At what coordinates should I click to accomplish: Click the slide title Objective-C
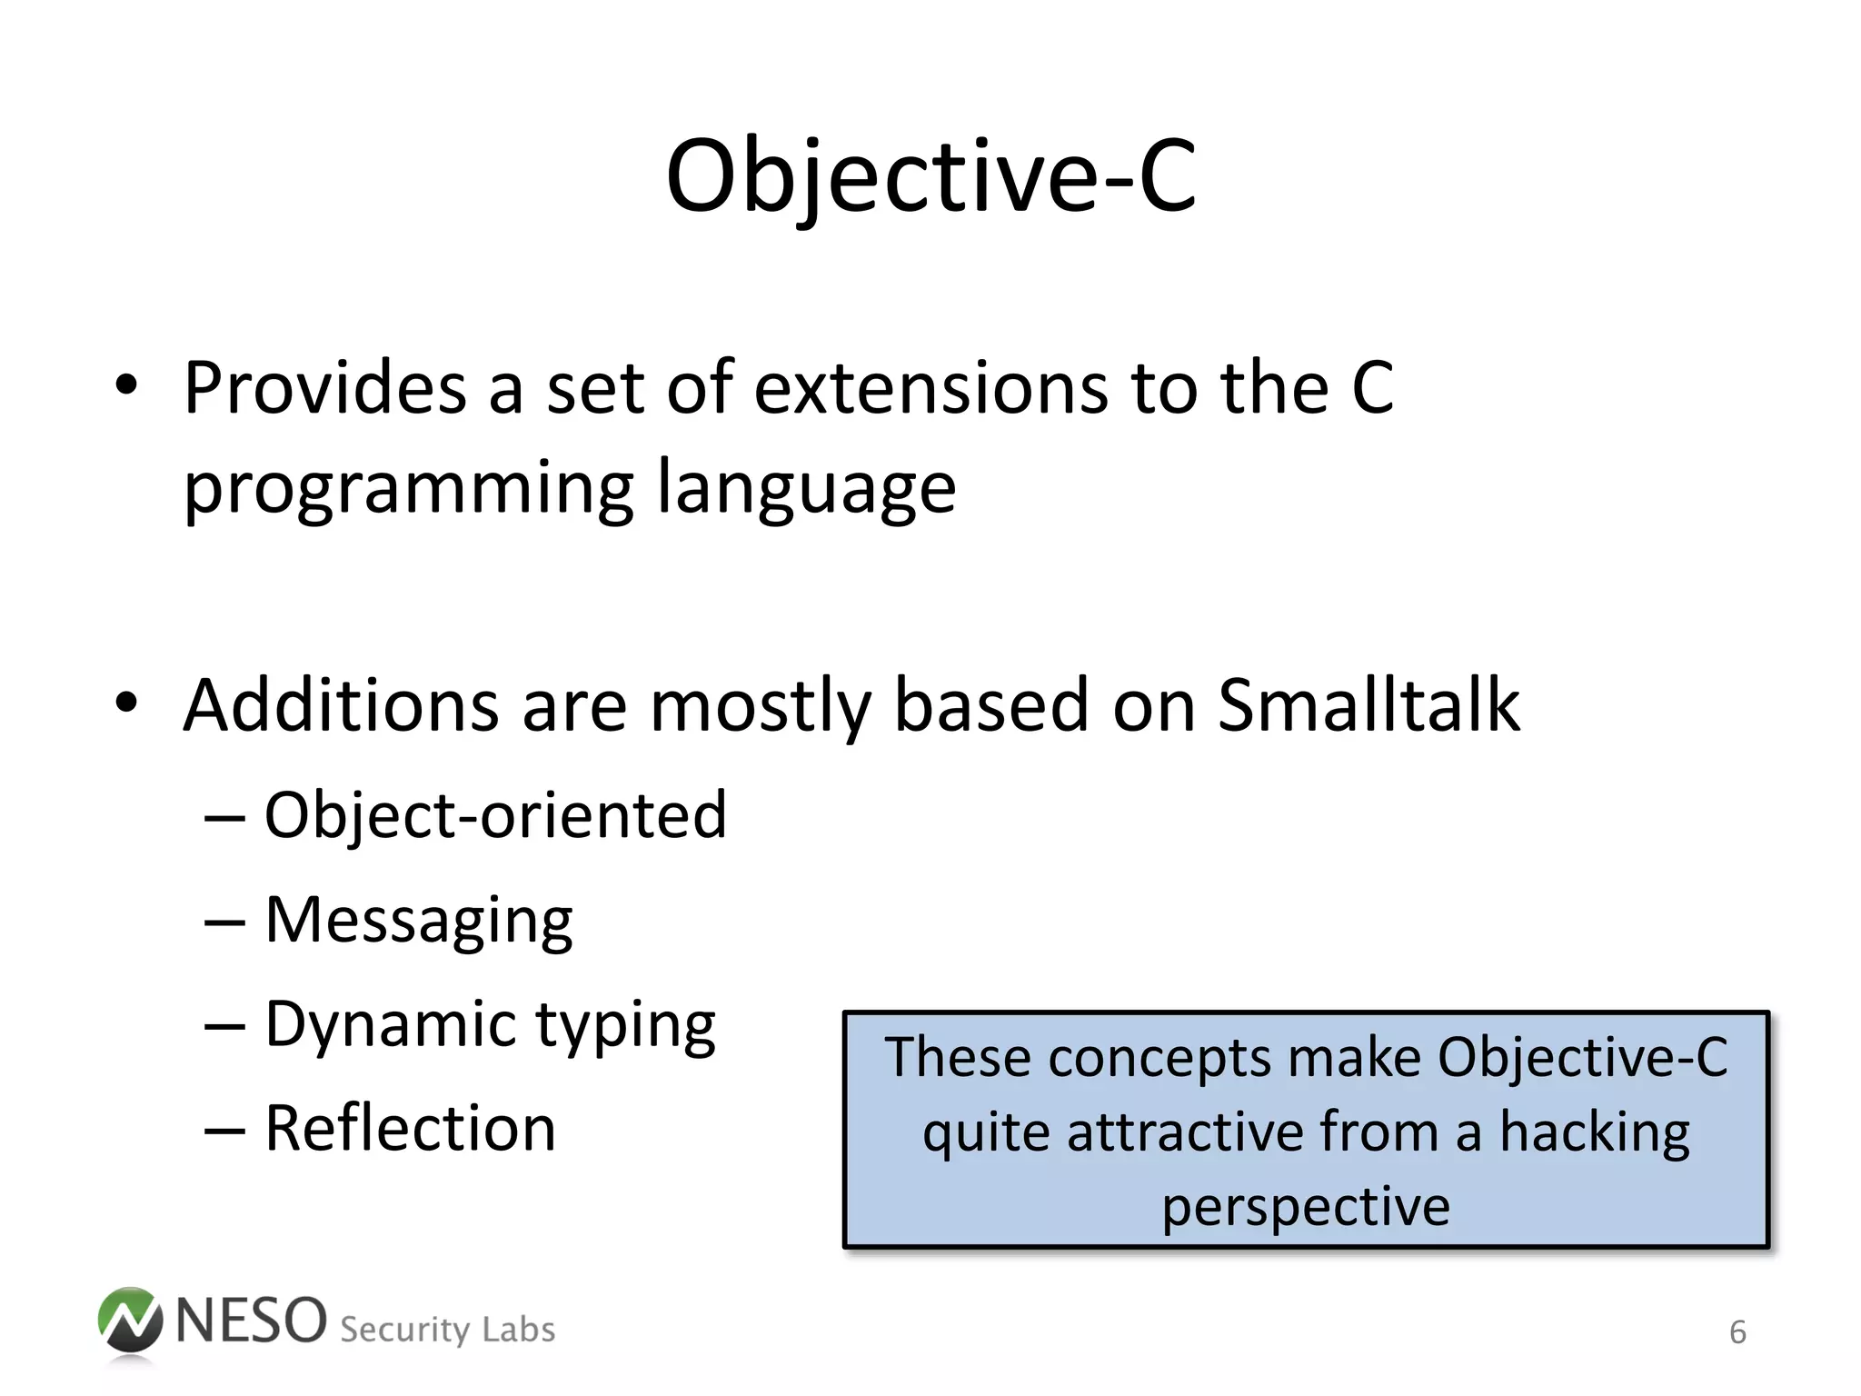click(930, 177)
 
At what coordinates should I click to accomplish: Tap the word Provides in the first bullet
click(325, 388)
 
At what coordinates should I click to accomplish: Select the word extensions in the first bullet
click(930, 388)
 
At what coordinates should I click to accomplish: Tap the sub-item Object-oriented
click(495, 815)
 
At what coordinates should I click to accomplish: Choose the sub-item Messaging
click(418, 921)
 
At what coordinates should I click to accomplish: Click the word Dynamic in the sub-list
click(389, 1025)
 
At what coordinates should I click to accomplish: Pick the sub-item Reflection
click(410, 1129)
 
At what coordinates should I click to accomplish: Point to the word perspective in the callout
click(1306, 1207)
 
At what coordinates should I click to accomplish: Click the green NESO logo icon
click(130, 1321)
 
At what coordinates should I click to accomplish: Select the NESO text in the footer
click(251, 1321)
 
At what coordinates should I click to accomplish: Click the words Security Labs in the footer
click(447, 1330)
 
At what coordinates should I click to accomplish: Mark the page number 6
click(1737, 1332)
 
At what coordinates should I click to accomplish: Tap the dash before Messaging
click(224, 922)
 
